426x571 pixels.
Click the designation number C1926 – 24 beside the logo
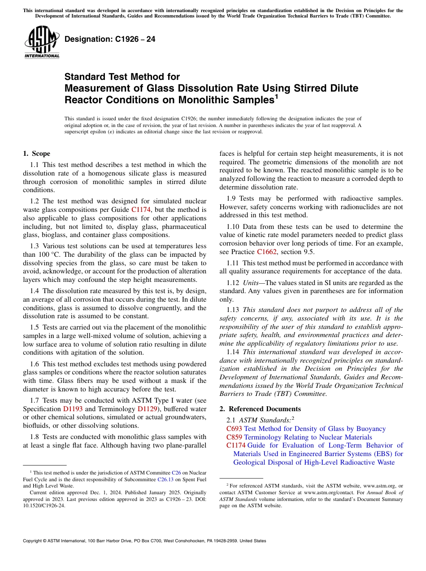click(110, 40)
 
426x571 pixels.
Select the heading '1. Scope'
click(36, 154)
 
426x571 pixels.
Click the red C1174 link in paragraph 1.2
click(140, 210)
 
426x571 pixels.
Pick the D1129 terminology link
click(147, 409)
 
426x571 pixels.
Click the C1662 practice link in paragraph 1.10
click(266, 252)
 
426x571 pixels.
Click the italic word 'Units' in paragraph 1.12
click(251, 283)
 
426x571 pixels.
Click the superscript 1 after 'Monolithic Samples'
click(277, 96)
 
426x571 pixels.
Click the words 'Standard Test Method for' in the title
click(122, 77)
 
